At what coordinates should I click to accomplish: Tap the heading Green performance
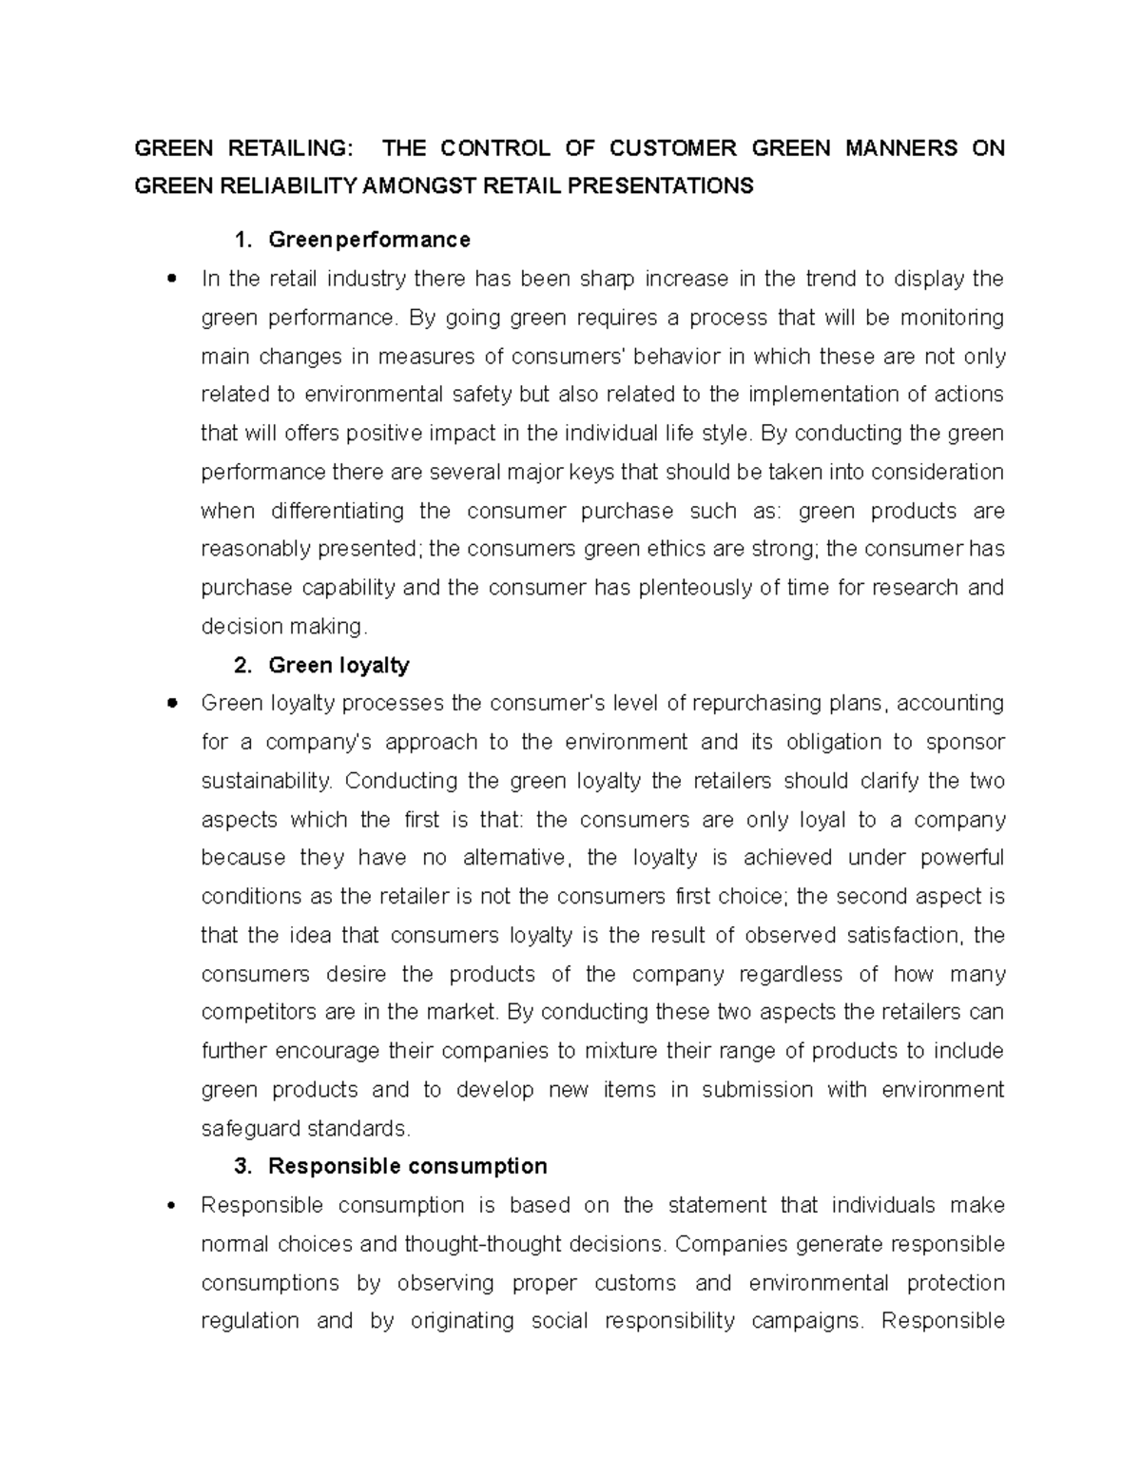tap(369, 240)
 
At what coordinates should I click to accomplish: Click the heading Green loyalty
tap(338, 666)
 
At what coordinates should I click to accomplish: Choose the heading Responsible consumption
tap(407, 1167)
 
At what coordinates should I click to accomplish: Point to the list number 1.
tap(242, 240)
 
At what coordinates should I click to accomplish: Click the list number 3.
tap(242, 1167)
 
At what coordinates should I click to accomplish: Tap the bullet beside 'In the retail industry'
tap(171, 280)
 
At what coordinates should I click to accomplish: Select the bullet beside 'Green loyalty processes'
tap(171, 705)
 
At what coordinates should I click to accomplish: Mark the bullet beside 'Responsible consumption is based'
tap(171, 1206)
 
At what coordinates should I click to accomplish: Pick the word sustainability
tap(267, 782)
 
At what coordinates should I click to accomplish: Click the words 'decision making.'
tap(283, 627)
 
